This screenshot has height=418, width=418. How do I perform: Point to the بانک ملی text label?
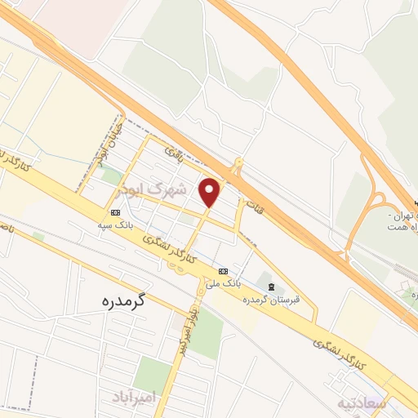pos(223,283)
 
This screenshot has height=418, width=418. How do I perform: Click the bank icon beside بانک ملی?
pos(223,271)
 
